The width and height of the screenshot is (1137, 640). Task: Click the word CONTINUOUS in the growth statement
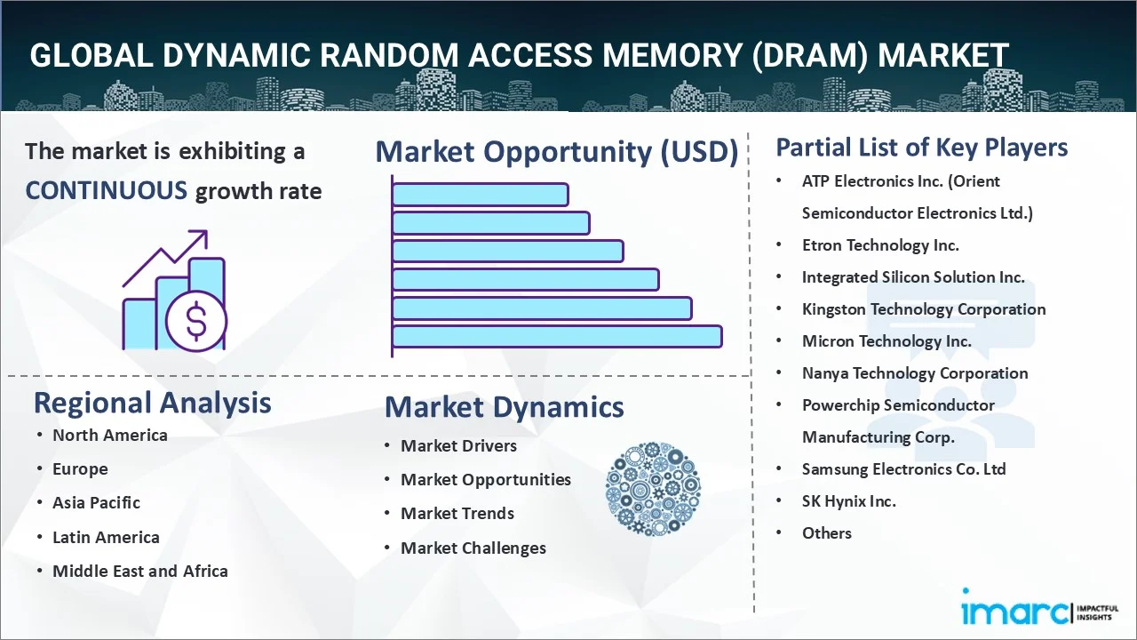coord(106,190)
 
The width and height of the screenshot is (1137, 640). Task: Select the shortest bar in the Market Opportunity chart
coord(480,194)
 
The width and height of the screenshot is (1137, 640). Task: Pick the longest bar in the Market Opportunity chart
coord(557,336)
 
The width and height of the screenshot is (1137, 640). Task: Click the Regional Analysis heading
coord(152,403)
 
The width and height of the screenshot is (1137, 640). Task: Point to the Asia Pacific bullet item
coord(96,502)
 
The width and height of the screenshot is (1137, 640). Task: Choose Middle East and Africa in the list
coord(139,571)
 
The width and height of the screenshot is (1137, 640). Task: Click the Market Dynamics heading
coord(504,407)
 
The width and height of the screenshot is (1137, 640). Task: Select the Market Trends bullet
coord(457,513)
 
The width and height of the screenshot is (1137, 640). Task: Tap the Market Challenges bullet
coord(473,548)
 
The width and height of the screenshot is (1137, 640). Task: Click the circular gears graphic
coord(653,488)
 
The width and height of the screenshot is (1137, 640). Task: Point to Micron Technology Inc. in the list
coord(886,340)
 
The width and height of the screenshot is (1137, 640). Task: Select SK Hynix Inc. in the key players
coord(848,500)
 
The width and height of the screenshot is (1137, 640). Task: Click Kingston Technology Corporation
coord(923,308)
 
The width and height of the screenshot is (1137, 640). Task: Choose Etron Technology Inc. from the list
coord(879,244)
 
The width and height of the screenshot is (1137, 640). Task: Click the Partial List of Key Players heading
coord(921,147)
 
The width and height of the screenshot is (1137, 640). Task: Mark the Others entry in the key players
coord(826,532)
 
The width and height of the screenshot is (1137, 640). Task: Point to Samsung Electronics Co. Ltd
coord(903,468)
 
